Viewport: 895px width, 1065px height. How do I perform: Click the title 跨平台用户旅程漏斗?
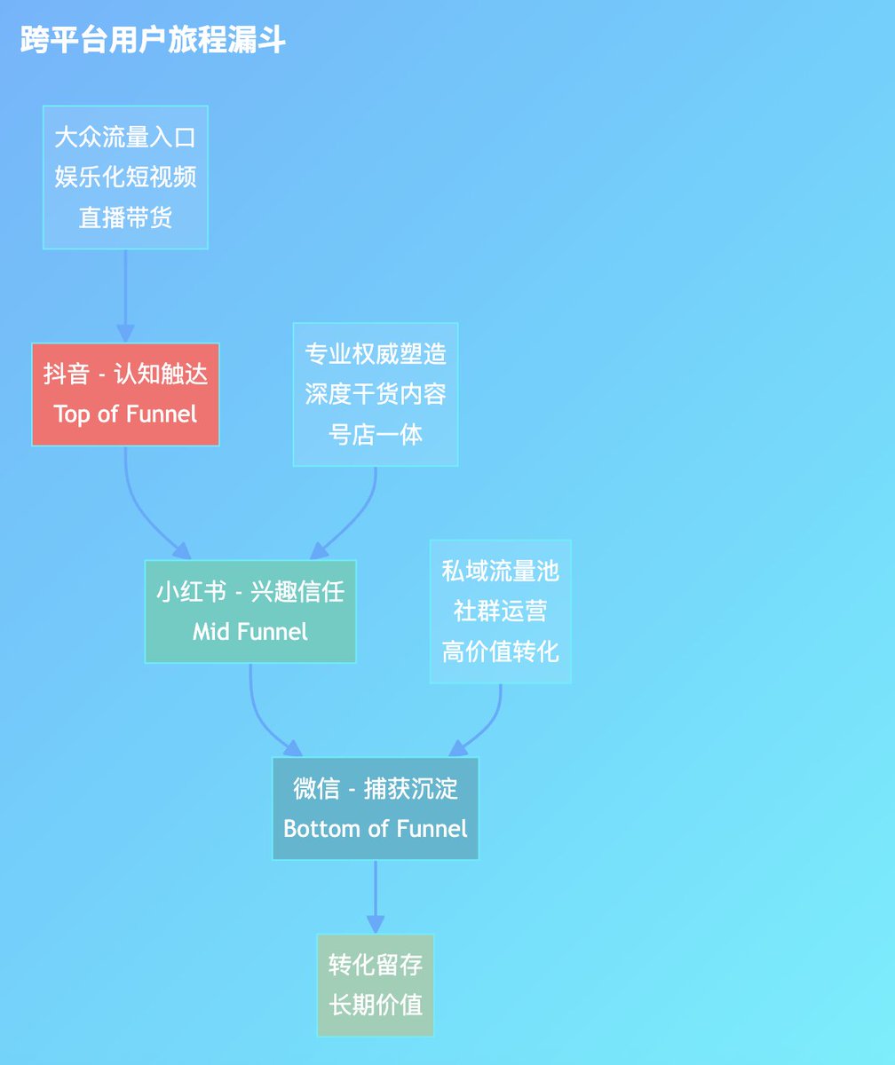coord(153,40)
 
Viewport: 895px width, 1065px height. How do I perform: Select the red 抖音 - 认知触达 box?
coord(125,394)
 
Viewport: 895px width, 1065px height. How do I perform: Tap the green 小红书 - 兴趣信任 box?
coord(250,611)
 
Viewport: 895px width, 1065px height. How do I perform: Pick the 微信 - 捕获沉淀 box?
coord(375,808)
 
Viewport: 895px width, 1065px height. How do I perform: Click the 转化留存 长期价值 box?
coord(376,985)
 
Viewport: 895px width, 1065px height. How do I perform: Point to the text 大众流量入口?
coord(125,138)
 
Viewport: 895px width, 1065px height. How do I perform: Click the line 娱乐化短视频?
coord(125,177)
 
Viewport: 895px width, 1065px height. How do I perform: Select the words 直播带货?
coord(125,217)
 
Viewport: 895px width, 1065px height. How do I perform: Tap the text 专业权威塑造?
coord(376,354)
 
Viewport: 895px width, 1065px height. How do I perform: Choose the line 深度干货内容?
coord(376,394)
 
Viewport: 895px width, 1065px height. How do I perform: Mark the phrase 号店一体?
coord(376,434)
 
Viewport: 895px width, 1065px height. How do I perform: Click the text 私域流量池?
coord(501,571)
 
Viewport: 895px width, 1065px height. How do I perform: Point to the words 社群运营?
coord(501,611)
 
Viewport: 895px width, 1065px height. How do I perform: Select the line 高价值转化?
coord(501,651)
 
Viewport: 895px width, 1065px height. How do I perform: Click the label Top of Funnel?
coord(125,414)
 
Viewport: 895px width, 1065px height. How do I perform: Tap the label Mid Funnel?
coord(250,631)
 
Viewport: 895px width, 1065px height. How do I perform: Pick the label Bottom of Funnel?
coord(376,828)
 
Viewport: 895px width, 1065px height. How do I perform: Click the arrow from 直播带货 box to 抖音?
coord(125,296)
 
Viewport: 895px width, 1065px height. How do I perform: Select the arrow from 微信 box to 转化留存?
coord(376,896)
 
